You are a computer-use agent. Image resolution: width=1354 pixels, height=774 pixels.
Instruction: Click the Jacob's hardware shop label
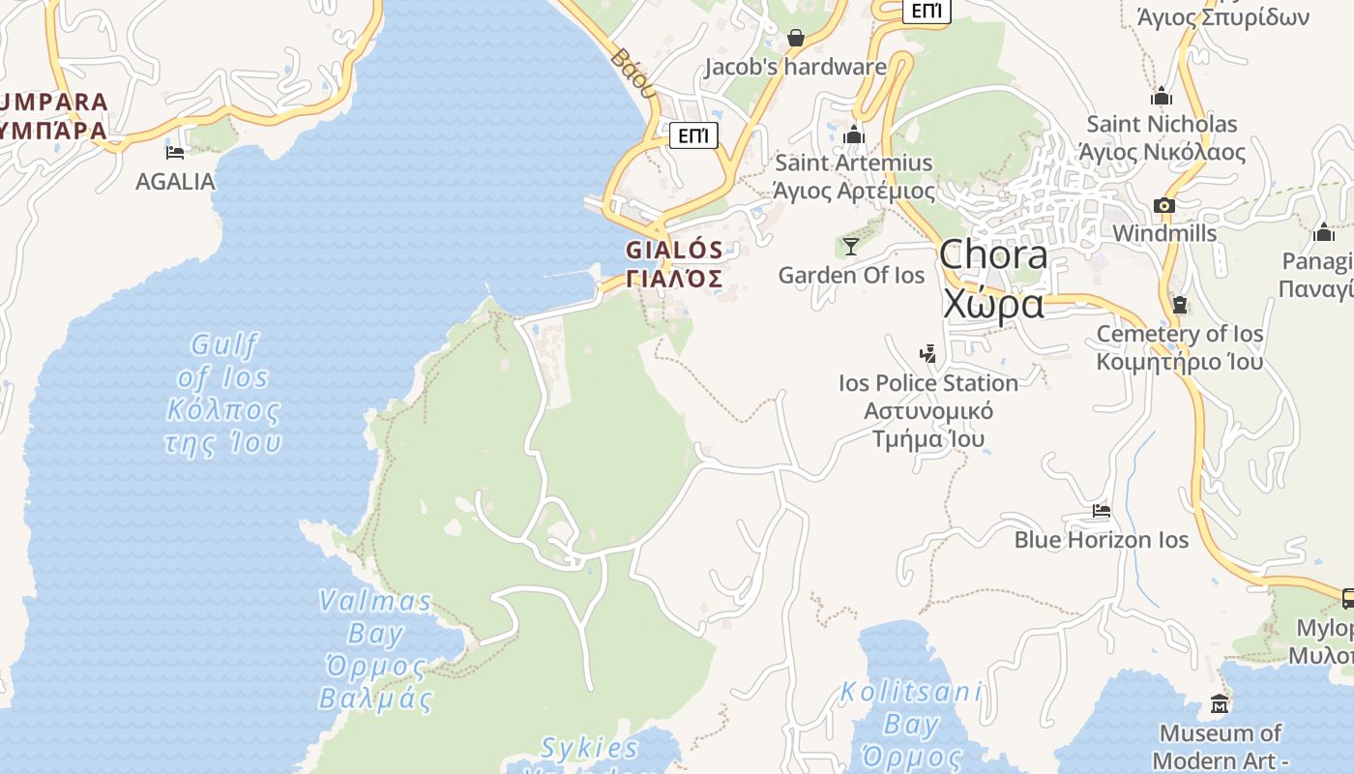(x=795, y=67)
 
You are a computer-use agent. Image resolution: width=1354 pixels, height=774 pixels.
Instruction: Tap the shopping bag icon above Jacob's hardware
(x=796, y=38)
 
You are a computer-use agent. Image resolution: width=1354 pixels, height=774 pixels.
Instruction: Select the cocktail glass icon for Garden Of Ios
(x=850, y=247)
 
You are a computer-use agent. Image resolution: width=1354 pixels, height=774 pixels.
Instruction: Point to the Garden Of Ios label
(x=851, y=275)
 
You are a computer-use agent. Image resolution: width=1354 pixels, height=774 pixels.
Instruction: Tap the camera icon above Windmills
(x=1164, y=205)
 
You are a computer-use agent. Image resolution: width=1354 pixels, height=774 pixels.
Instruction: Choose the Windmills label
(x=1164, y=233)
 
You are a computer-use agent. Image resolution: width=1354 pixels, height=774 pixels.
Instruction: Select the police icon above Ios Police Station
(x=928, y=353)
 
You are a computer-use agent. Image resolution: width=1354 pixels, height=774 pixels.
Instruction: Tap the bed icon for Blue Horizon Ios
(x=1101, y=510)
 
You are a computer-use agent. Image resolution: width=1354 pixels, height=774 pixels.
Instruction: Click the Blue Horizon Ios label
(x=1101, y=539)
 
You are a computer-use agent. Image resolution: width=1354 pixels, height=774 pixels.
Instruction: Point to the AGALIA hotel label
(x=175, y=181)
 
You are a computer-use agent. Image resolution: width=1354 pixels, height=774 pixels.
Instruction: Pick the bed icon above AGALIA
(x=175, y=152)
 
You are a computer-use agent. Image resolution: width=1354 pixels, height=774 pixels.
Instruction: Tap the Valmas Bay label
(x=376, y=648)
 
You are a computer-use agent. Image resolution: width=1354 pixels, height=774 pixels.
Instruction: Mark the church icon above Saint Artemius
(x=854, y=134)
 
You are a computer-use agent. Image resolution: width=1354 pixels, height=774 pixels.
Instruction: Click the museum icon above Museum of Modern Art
(x=1220, y=703)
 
